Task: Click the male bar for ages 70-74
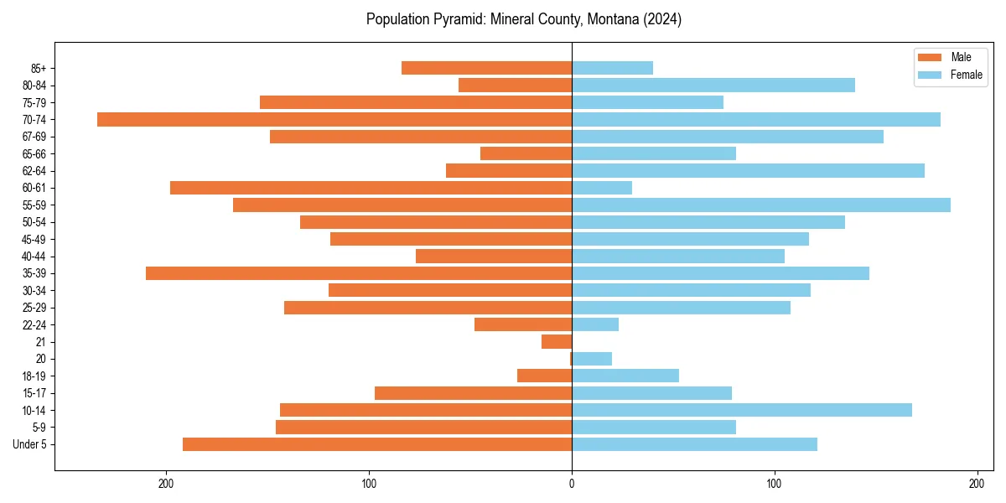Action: coord(334,119)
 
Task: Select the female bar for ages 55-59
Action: coord(761,205)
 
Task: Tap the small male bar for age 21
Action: coord(557,341)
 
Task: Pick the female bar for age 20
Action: coord(592,359)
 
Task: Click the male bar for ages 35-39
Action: coord(359,273)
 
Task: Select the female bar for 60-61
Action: coord(602,188)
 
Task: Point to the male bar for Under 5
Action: coord(377,444)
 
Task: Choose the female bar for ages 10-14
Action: coord(742,410)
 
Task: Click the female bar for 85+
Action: coord(612,68)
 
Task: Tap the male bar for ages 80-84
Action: coord(515,85)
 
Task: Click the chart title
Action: coord(523,19)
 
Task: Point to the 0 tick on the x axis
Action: coord(572,484)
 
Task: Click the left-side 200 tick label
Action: coord(166,484)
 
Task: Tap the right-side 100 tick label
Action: coord(775,484)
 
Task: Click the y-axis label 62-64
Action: coord(35,171)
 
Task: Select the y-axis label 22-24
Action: coord(35,324)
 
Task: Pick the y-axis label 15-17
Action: coord(35,393)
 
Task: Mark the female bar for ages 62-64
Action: coord(748,170)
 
